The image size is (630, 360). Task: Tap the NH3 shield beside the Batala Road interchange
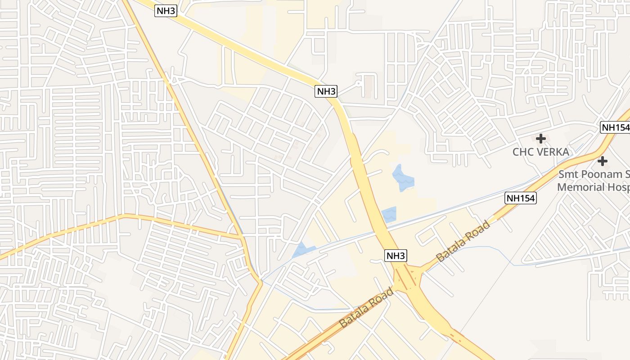(x=396, y=256)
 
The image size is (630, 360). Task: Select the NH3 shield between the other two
(x=326, y=91)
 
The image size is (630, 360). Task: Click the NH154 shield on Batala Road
(x=521, y=198)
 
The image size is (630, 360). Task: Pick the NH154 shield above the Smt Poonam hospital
(x=615, y=127)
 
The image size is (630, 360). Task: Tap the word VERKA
(x=551, y=152)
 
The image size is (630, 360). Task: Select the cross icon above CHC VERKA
(x=541, y=139)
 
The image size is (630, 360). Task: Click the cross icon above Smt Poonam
(x=602, y=161)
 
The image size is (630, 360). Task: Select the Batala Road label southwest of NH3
(x=366, y=308)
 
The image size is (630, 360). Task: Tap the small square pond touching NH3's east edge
(x=389, y=215)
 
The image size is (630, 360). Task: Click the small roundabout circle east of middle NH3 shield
(x=359, y=83)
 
